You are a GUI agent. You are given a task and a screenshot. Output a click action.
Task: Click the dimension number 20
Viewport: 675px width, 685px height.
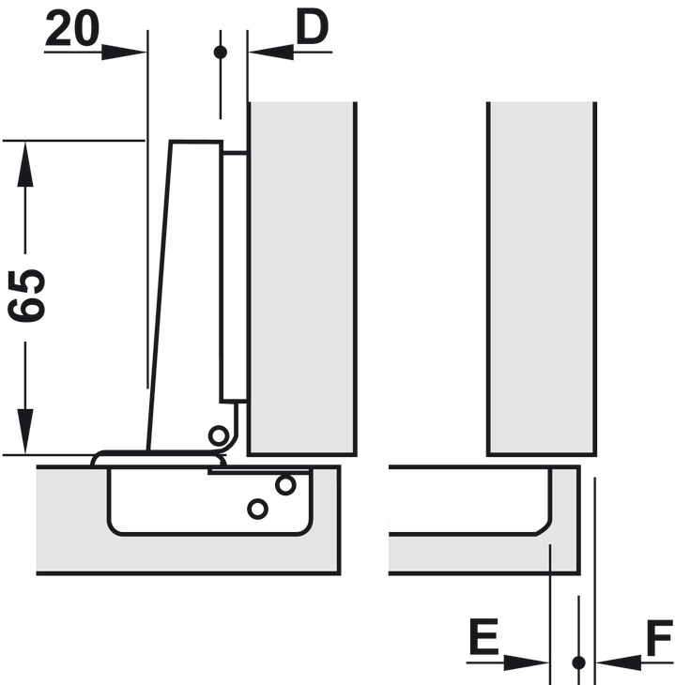(71, 30)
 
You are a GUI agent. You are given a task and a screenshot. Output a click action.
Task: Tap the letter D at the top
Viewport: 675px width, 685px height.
(311, 29)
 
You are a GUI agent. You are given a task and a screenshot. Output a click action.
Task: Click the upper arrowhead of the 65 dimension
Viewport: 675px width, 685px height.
(26, 160)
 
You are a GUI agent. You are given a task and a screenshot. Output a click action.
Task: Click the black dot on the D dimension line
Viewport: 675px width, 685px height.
(221, 52)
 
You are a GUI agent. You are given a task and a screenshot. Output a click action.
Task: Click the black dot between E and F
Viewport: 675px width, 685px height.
(578, 662)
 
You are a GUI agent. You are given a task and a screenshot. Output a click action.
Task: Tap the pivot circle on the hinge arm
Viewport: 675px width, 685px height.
(219, 434)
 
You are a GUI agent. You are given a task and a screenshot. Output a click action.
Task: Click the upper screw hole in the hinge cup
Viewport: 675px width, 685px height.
(285, 485)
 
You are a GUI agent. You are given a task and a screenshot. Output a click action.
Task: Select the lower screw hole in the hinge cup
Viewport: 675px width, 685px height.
(255, 509)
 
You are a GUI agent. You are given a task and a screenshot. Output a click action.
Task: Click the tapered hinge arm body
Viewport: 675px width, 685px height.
(188, 300)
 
